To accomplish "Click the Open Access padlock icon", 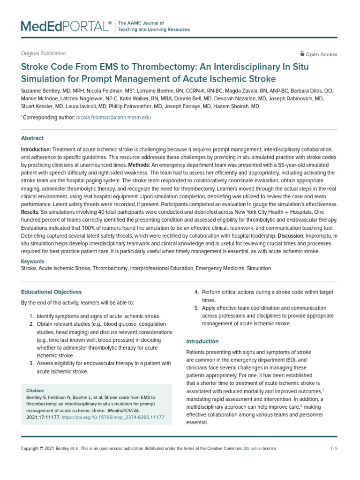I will (302, 53).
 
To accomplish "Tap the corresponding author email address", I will (113, 117).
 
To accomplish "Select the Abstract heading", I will (32, 138).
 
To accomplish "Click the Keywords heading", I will (33, 262).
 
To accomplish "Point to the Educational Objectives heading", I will (51, 292).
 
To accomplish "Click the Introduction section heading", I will (202, 341).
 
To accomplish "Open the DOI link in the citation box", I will (112, 417).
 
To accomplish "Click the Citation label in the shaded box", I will (35, 390).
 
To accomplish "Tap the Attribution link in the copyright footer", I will (252, 449).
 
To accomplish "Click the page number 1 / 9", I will (334, 449).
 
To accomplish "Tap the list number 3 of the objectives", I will (31, 363).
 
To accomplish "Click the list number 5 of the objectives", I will (196, 308).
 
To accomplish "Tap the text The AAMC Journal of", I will (141, 23).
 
